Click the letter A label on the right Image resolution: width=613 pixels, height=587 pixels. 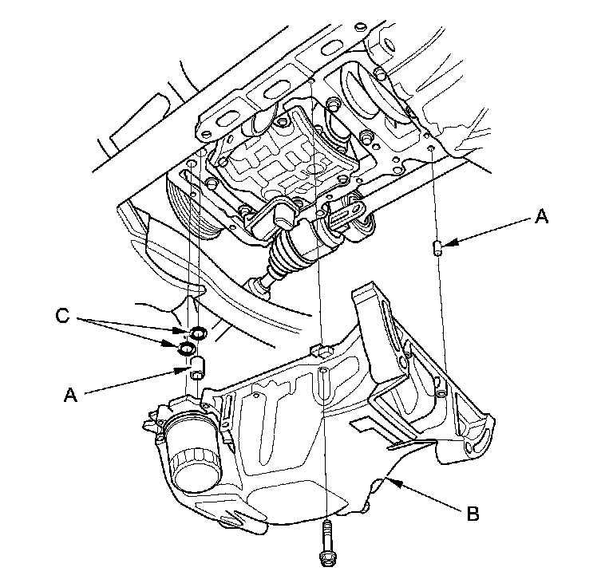[541, 215]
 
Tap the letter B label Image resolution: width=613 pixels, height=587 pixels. [473, 514]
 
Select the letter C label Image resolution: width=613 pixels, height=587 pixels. [61, 317]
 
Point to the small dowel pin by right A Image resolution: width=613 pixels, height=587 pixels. [437, 248]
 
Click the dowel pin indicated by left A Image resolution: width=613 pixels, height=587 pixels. [199, 368]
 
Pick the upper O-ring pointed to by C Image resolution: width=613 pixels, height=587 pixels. [197, 332]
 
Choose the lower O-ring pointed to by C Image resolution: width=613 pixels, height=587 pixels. [186, 349]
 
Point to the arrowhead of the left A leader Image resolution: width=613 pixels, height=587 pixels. [188, 370]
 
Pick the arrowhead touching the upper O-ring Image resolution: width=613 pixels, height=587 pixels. [188, 330]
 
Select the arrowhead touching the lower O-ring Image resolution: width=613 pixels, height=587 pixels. [177, 345]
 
